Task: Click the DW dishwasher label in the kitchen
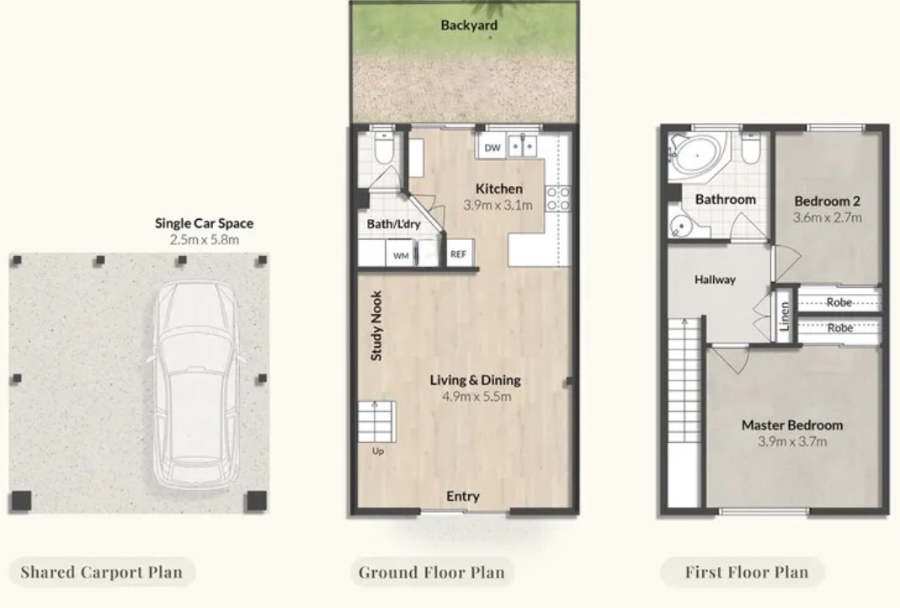click(x=493, y=147)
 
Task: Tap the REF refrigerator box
click(x=458, y=253)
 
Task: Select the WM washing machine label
click(x=401, y=255)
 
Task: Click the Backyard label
click(x=469, y=25)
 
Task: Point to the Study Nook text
click(x=376, y=326)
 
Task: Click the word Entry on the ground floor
click(x=462, y=496)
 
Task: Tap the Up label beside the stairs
click(x=378, y=451)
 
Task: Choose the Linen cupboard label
click(x=784, y=317)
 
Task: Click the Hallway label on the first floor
click(x=715, y=280)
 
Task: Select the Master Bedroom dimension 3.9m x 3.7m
click(x=792, y=441)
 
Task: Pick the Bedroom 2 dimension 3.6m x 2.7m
click(x=827, y=217)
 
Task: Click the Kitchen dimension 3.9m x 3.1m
click(x=498, y=205)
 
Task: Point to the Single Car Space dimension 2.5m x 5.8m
click(x=205, y=239)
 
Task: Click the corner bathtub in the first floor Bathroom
click(x=698, y=153)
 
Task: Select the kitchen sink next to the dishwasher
click(x=522, y=146)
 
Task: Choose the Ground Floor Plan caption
click(x=432, y=573)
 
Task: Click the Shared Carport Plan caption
click(x=102, y=573)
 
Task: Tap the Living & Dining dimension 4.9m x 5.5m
click(x=477, y=396)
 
